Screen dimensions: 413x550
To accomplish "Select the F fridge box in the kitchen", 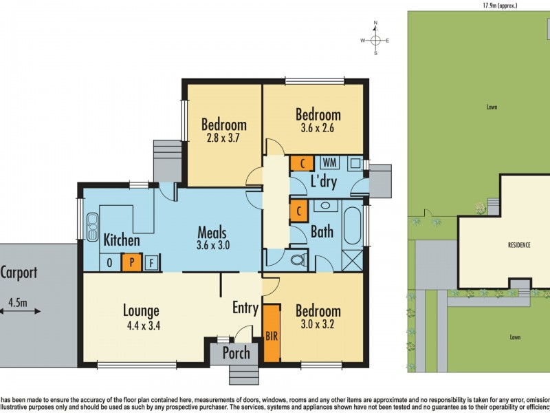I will [x=151, y=262].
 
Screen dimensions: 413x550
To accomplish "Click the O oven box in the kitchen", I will [x=109, y=262].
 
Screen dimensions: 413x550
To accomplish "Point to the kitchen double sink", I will [x=91, y=226].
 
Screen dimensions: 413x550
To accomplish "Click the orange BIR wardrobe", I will [x=272, y=334].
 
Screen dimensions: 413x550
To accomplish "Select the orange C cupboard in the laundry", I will [x=300, y=164].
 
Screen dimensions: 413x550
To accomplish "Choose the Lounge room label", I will [x=142, y=310].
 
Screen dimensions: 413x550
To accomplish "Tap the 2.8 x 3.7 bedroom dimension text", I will [x=223, y=138].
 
